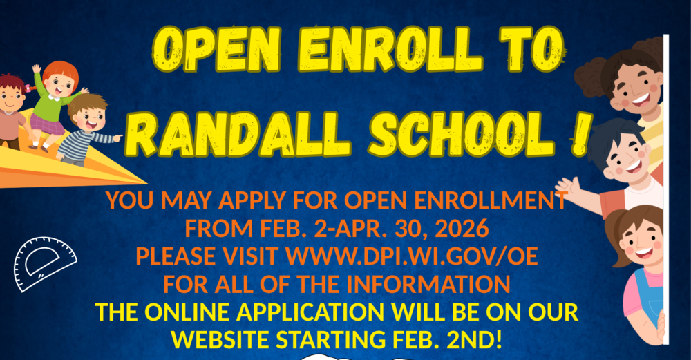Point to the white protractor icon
tap(44, 263)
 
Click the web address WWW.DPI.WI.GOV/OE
tap(411, 256)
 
